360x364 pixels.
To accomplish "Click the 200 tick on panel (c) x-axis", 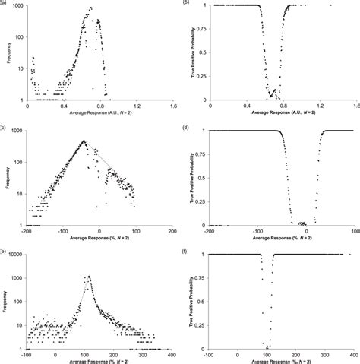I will coord(172,232).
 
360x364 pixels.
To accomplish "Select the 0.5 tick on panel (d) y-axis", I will coord(202,178).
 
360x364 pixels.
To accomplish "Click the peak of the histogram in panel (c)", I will coord(84,140).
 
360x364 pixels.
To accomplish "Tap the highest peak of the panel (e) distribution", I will coord(89,277).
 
